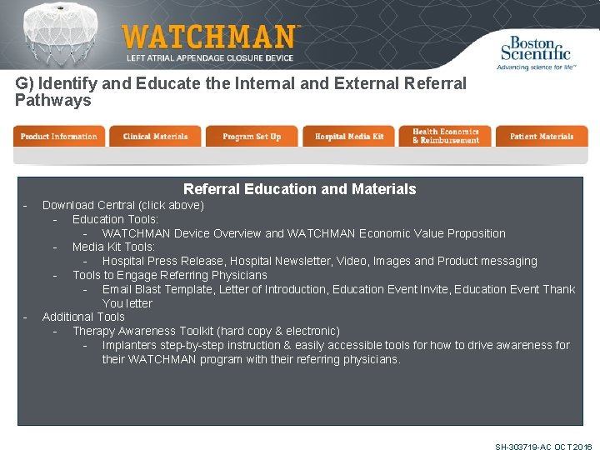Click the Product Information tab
[x=58, y=137]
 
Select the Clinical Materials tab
[x=155, y=137]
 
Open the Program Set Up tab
[x=252, y=137]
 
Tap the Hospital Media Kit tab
[x=349, y=137]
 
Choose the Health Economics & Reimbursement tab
[x=446, y=137]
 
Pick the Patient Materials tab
[x=542, y=137]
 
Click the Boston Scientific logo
[x=534, y=52]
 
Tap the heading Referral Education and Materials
[x=299, y=189]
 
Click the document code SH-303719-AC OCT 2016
[x=542, y=447]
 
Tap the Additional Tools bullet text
[x=83, y=317]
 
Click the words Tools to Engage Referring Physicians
[x=169, y=275]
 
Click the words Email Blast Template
[x=157, y=289]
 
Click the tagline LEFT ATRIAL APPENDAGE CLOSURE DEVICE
[x=209, y=58]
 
